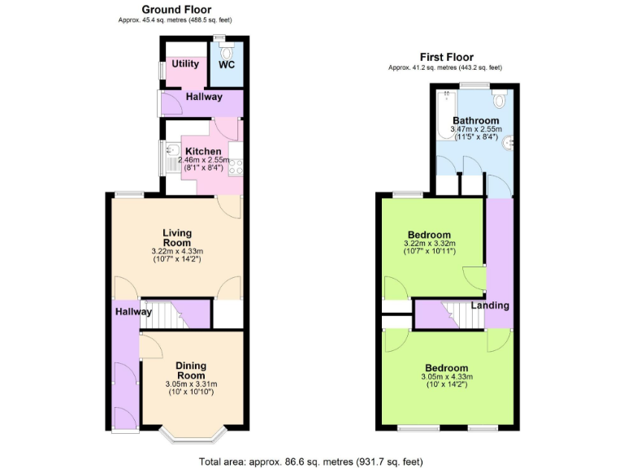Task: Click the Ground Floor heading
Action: pyautogui.click(x=178, y=9)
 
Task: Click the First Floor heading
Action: pyautogui.click(x=446, y=57)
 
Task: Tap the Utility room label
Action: pyautogui.click(x=185, y=64)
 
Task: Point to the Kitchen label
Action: pyautogui.click(x=202, y=151)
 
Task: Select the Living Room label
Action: pyautogui.click(x=176, y=237)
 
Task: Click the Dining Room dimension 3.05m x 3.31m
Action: pyautogui.click(x=191, y=384)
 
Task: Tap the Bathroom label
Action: pyautogui.click(x=476, y=120)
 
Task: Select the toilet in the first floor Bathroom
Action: pyautogui.click(x=500, y=99)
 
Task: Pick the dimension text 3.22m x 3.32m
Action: pyautogui.click(x=430, y=243)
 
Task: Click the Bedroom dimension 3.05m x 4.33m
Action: pyautogui.click(x=445, y=377)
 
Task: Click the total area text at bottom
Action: pyautogui.click(x=311, y=461)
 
